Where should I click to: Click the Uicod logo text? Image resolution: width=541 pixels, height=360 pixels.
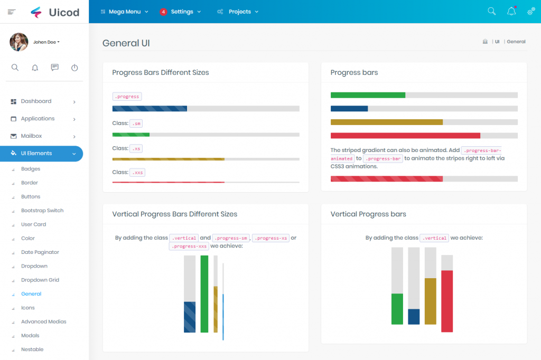coord(64,12)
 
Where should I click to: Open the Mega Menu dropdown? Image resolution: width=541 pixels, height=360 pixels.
coord(125,12)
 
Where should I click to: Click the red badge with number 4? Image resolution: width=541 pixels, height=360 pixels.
coord(163,12)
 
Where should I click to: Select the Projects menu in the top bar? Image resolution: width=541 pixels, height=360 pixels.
coord(239,12)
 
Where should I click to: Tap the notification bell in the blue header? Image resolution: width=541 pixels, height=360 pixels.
coord(511,12)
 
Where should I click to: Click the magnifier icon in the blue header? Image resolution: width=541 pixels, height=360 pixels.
coord(491,12)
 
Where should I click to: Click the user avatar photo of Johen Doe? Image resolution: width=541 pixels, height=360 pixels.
coord(19,42)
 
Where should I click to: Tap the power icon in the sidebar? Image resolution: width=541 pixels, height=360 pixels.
coord(74,68)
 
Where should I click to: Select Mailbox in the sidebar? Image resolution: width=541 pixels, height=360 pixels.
coord(31,136)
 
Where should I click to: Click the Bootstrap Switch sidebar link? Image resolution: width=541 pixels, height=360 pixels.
coord(42,211)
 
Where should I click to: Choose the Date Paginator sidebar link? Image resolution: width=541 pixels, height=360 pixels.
coord(40,252)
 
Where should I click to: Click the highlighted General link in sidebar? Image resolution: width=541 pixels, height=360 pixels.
coord(31,294)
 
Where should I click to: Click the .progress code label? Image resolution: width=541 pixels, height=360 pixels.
coord(127,97)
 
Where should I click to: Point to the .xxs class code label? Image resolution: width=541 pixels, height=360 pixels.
coord(137,173)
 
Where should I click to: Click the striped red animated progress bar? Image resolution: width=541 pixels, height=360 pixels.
coord(386,178)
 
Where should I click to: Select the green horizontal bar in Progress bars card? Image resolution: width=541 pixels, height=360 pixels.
coord(368,95)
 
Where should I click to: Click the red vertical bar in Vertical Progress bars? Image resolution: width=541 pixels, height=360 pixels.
coord(447,301)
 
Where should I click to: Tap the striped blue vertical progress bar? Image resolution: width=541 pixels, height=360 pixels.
coord(190,317)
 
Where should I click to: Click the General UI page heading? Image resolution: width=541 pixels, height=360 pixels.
coord(126,43)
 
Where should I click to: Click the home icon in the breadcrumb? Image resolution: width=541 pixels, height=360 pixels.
coord(485,41)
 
